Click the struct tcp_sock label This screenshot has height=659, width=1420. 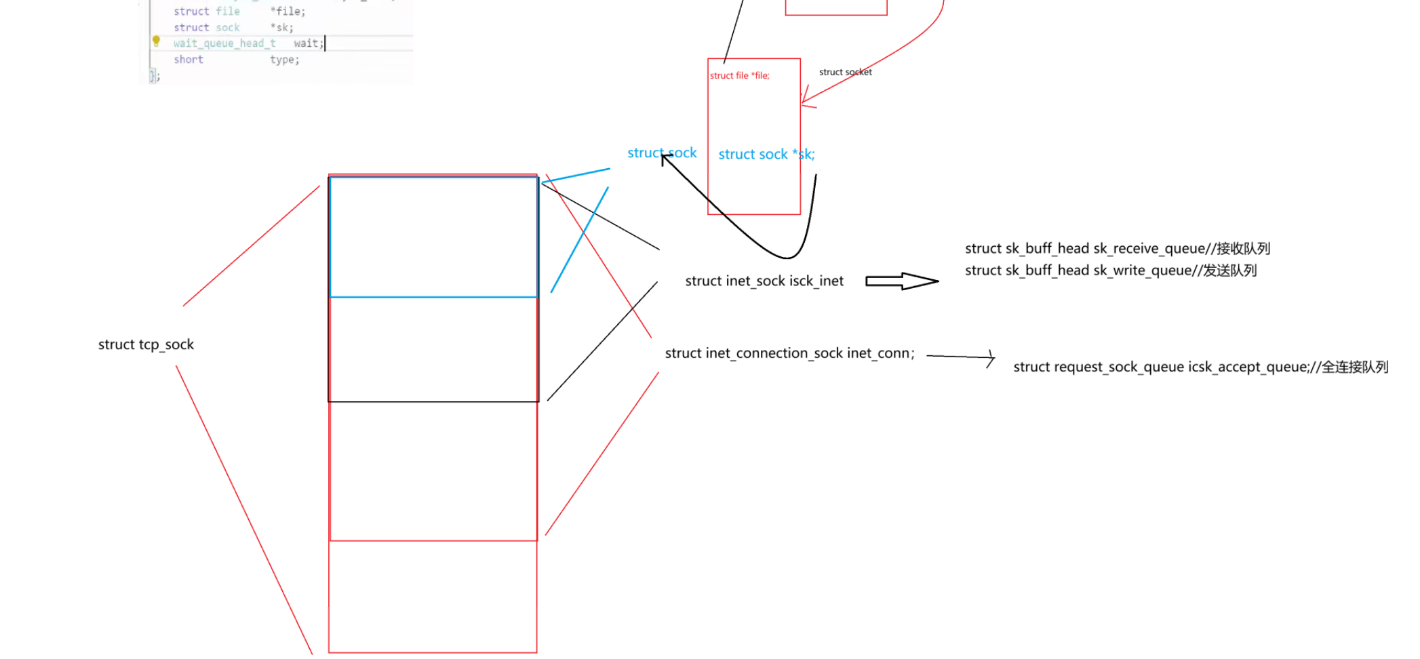pos(146,344)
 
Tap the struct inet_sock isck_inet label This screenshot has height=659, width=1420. pos(764,281)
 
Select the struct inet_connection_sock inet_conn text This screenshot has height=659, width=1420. pos(789,353)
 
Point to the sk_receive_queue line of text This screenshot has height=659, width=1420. pos(1117,249)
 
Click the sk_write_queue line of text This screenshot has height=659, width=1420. pos(1110,271)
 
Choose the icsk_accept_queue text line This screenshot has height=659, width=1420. pos(1200,367)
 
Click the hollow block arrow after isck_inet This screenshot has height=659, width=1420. pos(901,281)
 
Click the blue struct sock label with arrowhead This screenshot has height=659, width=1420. pos(662,153)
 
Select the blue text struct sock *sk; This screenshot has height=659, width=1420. pos(766,155)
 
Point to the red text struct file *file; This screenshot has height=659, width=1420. pos(739,76)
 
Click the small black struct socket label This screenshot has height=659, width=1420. pos(845,72)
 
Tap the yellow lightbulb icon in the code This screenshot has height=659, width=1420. pos(156,41)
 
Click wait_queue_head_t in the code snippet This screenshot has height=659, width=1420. pos(224,43)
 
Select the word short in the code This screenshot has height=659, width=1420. pos(188,60)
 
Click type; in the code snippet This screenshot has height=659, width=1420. pos(284,60)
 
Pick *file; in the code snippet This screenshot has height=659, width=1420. pos(288,12)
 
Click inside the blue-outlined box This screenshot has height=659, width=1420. pos(433,237)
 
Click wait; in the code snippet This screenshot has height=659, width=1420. pos(309,43)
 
